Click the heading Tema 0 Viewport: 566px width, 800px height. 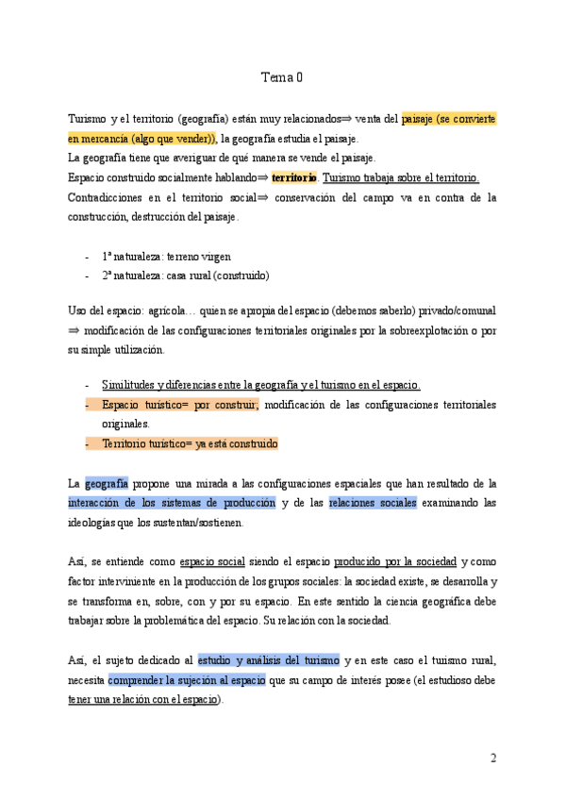pyautogui.click(x=282, y=78)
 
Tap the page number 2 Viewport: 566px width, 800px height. pyautogui.click(x=492, y=758)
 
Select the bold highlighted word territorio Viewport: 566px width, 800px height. pyautogui.click(x=293, y=177)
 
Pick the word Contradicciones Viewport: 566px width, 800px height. pyautogui.click(x=106, y=197)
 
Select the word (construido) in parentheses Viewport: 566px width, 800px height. pyautogui.click(x=240, y=275)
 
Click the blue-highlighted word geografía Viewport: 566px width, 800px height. pyautogui.click(x=106, y=483)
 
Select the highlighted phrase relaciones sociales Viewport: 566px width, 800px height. pyautogui.click(x=373, y=503)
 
